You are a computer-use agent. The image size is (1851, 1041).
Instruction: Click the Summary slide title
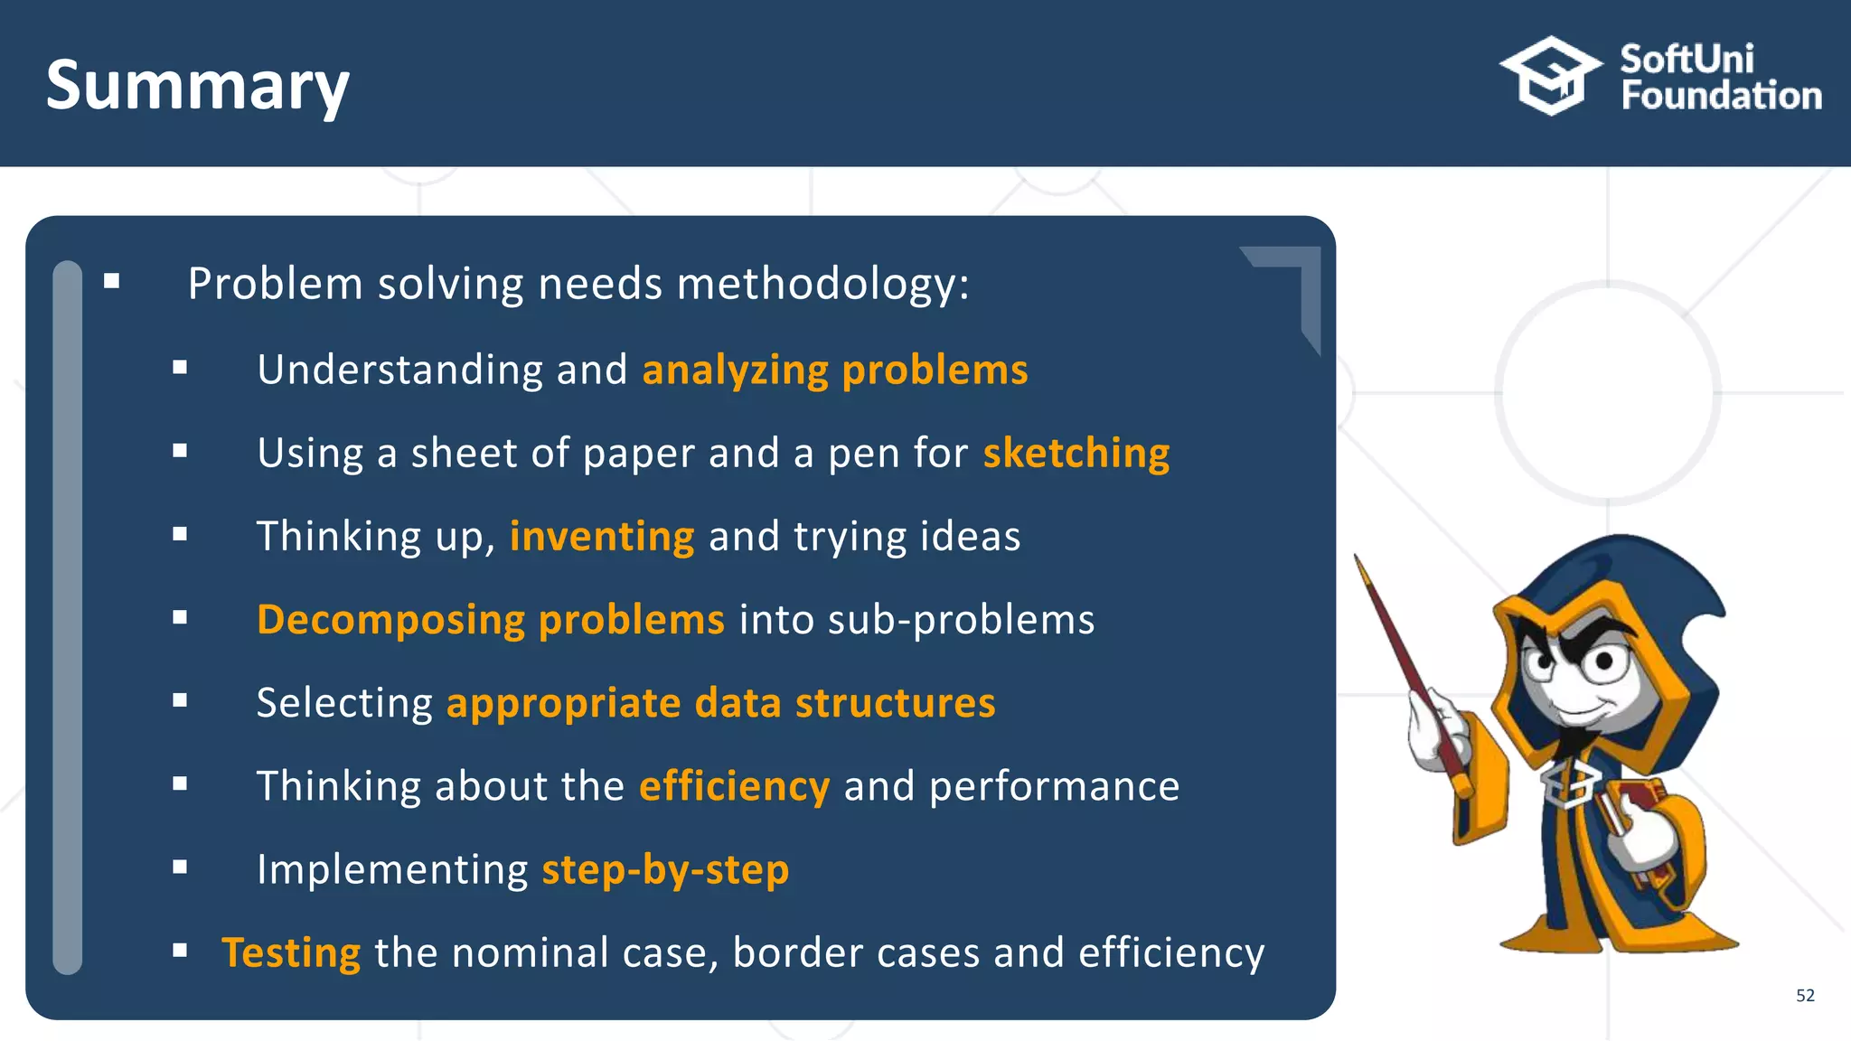point(197,86)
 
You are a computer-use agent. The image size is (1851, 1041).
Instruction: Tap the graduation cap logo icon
point(1551,76)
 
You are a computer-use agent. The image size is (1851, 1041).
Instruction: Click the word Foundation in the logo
point(1721,96)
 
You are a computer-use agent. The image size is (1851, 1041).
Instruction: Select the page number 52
point(1805,996)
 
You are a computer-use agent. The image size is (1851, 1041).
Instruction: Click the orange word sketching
point(1076,453)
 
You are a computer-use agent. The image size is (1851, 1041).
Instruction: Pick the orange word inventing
point(602,536)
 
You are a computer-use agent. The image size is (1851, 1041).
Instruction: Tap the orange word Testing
point(291,952)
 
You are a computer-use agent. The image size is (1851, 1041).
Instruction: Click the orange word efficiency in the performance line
point(734,786)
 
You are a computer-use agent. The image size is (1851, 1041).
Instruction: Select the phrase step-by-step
point(665,869)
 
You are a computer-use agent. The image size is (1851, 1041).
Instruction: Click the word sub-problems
point(961,620)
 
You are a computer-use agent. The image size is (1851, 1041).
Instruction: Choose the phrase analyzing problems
point(834,370)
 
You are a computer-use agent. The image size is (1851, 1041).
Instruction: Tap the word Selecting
point(344,703)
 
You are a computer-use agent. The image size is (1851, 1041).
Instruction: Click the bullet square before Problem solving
point(112,282)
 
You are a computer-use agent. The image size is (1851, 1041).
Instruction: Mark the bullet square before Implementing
point(180,867)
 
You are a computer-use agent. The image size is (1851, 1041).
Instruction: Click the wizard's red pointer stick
point(1410,669)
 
